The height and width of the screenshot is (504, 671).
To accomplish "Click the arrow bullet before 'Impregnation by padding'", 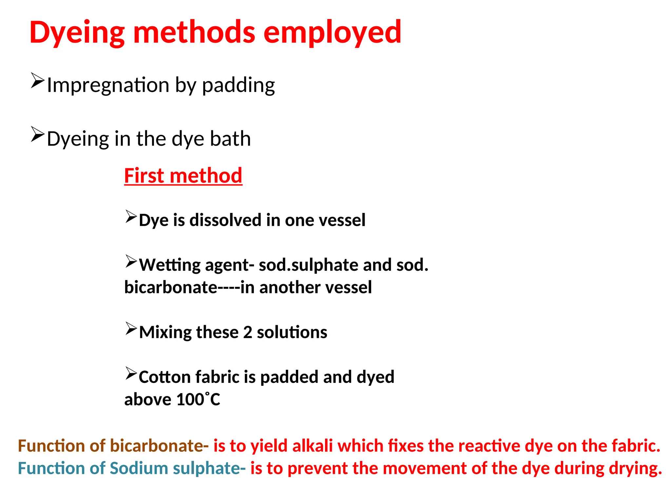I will click(37, 81).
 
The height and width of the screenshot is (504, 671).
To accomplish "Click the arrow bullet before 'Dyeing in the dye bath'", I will click(37, 134).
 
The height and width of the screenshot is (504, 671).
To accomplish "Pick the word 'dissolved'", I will click(225, 220).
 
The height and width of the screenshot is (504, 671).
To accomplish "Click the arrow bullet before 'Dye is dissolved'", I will click(131, 217).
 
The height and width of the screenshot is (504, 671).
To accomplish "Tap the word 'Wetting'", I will click(169, 265).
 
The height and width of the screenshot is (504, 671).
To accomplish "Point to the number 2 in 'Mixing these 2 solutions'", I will click(248, 332).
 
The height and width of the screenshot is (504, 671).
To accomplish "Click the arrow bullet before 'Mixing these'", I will click(131, 329).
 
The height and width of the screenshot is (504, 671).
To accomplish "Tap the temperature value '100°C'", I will click(198, 399).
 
